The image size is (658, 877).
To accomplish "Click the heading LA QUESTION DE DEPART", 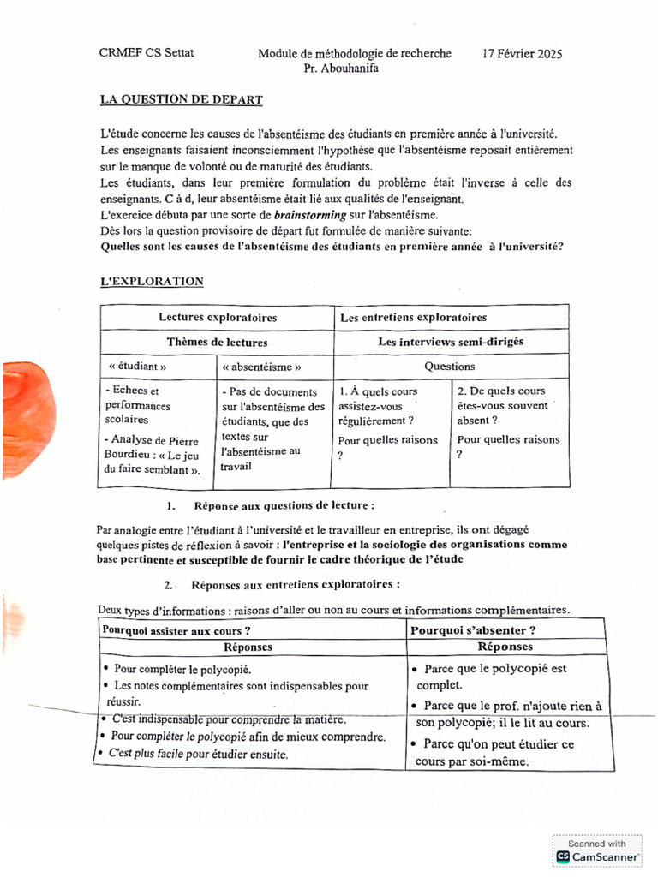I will [181, 100].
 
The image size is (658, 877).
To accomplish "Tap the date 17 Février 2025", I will [522, 53].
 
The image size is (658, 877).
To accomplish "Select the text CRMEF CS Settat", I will [147, 53].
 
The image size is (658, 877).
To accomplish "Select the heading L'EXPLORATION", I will [152, 281].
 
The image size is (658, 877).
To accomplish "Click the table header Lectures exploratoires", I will [217, 318].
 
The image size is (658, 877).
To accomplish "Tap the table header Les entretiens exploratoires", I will [413, 318].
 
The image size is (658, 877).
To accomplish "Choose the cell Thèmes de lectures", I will [217, 342].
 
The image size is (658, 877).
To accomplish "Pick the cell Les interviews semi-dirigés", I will [451, 342].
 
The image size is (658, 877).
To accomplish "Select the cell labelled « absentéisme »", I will [261, 367].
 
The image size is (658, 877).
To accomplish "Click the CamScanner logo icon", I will [563, 856].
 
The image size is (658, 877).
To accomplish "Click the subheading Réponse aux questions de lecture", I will [284, 505].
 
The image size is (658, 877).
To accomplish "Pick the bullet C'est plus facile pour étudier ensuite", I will [197, 754].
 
